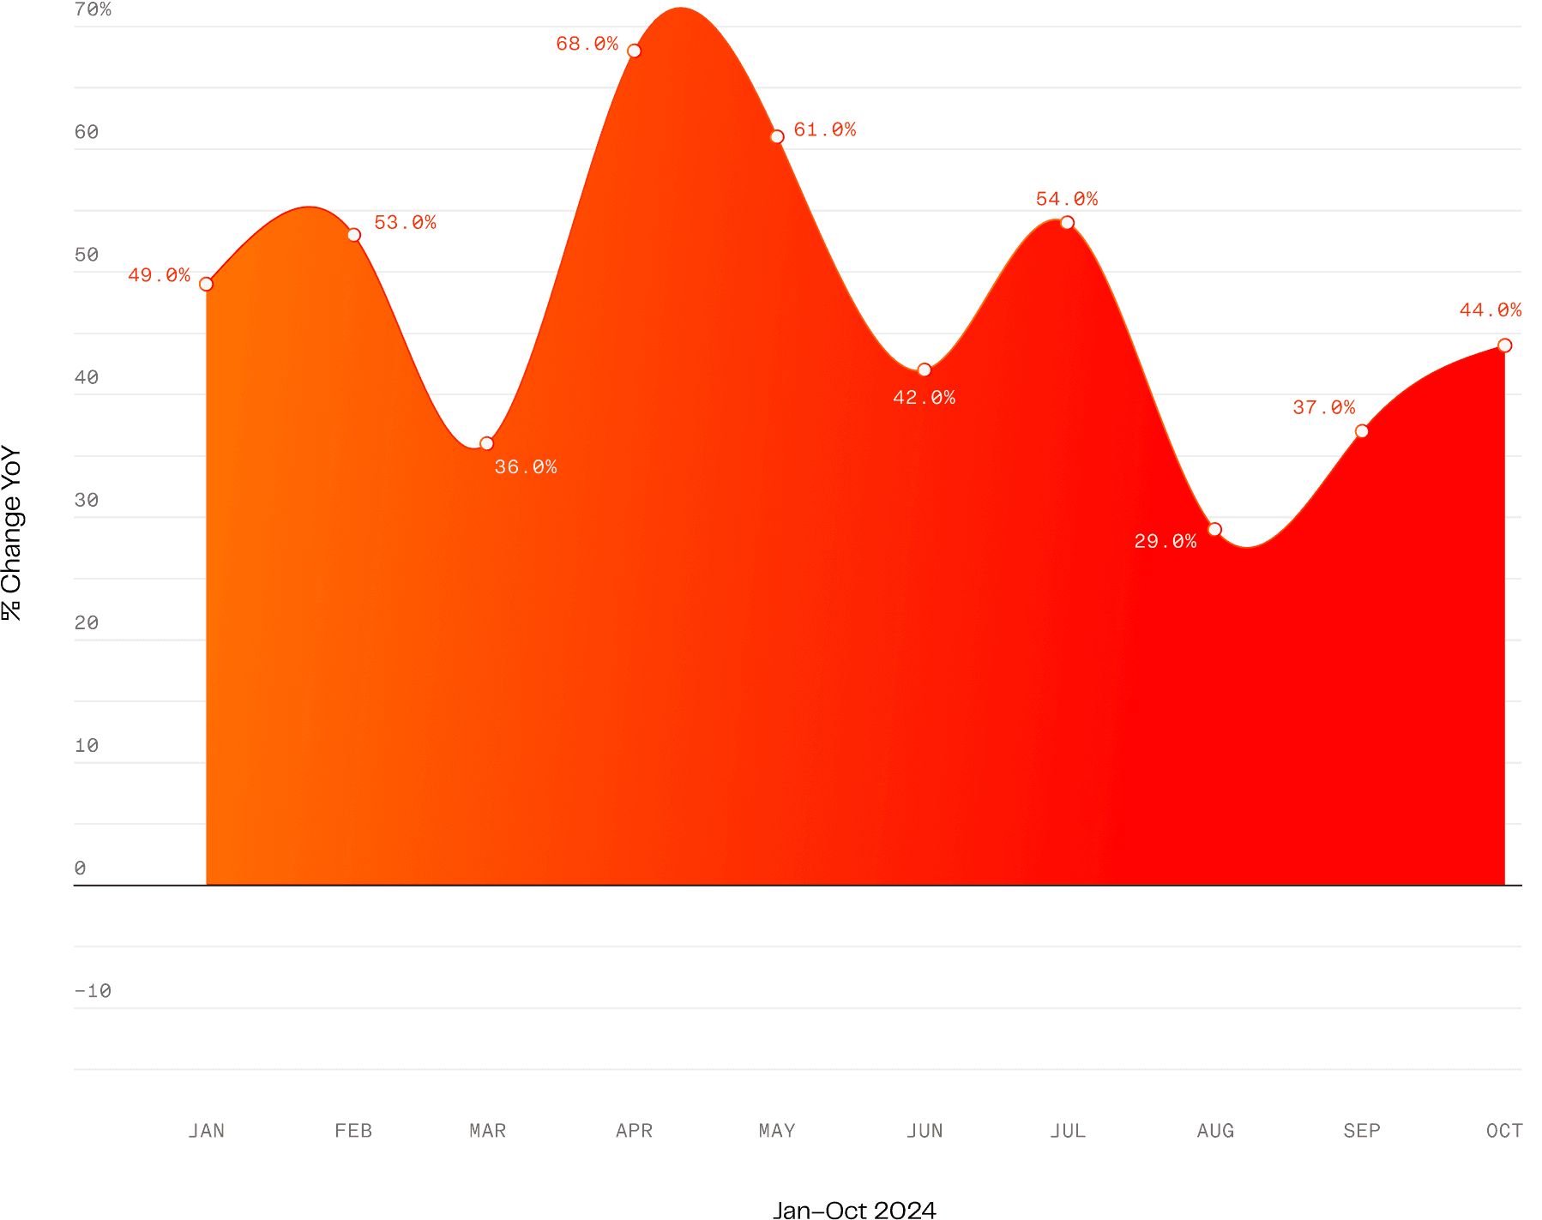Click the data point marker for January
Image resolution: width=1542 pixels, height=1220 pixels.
coord(206,284)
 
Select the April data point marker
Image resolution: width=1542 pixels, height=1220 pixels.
coord(634,51)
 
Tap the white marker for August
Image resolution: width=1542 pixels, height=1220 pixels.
coord(1214,529)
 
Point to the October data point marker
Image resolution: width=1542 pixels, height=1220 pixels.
coord(1504,345)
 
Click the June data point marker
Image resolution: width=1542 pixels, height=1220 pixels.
coord(924,370)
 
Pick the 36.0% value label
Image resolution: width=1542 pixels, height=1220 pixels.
coord(525,467)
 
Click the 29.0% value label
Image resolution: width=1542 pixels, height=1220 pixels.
coord(1165,541)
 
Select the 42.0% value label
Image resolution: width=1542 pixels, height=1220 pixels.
coord(924,397)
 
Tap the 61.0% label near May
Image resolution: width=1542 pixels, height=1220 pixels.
coord(824,129)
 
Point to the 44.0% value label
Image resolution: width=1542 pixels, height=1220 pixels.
coord(1490,310)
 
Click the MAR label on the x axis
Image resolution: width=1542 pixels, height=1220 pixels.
coord(487,1130)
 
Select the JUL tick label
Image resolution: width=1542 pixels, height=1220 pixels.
coord(1067,1130)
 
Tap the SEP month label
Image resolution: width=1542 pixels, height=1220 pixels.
coord(1361,1130)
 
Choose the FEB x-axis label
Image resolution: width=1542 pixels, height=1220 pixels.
coord(353,1130)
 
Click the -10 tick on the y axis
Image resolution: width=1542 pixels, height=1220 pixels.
coord(93,991)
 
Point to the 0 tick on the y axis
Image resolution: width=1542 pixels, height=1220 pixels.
coord(81,868)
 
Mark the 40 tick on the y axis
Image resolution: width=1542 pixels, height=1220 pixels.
coord(87,377)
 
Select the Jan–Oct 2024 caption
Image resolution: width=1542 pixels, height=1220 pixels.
coord(853,1210)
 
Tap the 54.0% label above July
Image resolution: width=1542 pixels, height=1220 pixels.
coord(1066,199)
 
